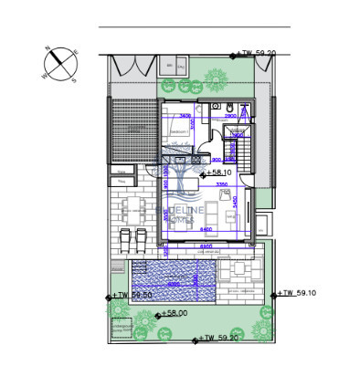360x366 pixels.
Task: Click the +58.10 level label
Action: pyautogui.click(x=219, y=171)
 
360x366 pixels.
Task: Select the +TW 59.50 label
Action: pyautogui.click(x=132, y=296)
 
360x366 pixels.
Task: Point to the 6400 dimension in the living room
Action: pyautogui.click(x=207, y=229)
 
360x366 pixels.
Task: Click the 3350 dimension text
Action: pyautogui.click(x=221, y=184)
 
